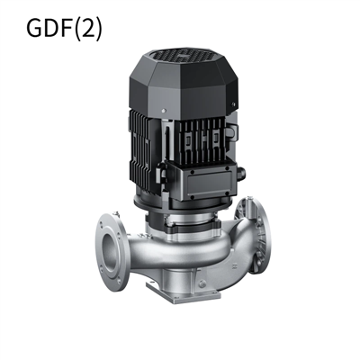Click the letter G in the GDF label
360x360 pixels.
click(x=34, y=29)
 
